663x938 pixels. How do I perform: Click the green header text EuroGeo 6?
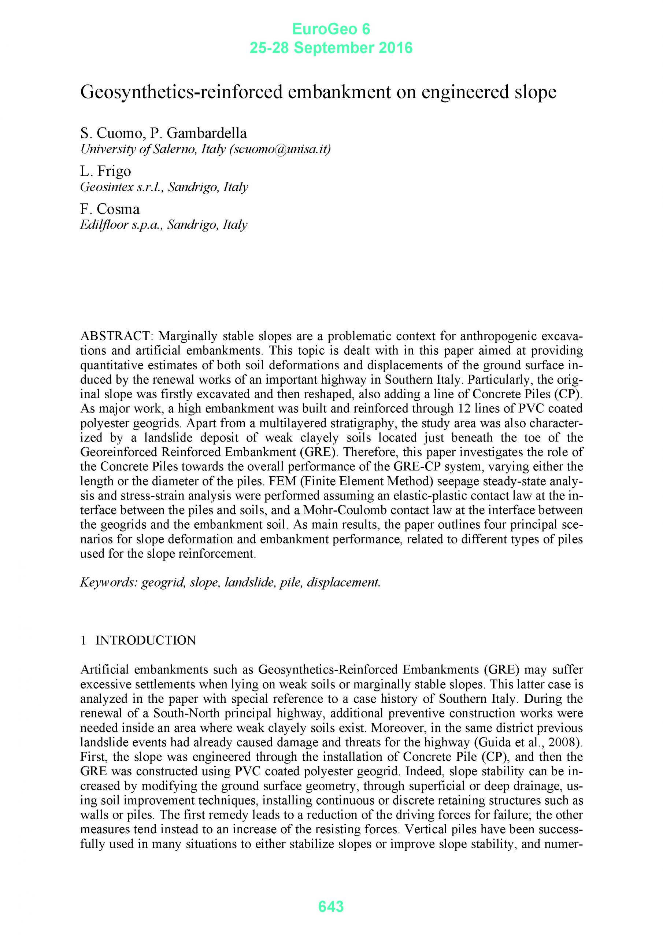point(331,29)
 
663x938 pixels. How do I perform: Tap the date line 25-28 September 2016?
point(331,48)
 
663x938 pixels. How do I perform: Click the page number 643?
point(331,906)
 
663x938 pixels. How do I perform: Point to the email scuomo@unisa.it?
point(280,149)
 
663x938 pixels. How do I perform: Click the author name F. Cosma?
point(110,209)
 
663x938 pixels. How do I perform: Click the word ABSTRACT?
point(116,336)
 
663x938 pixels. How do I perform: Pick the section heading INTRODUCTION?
point(145,640)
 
